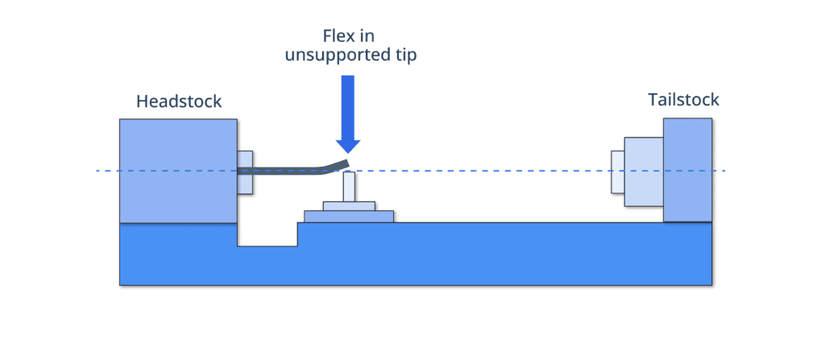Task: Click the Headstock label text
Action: pyautogui.click(x=179, y=101)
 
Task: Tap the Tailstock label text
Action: pyautogui.click(x=683, y=101)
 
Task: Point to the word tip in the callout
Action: pyautogui.click(x=404, y=56)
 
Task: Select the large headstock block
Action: pyautogui.click(x=178, y=169)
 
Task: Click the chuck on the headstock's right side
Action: pyautogui.click(x=247, y=171)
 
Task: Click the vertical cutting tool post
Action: pyautogui.click(x=349, y=187)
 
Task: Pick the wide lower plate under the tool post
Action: pyautogui.click(x=349, y=216)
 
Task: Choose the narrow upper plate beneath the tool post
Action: pyautogui.click(x=349, y=205)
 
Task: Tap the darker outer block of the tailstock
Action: pyautogui.click(x=688, y=169)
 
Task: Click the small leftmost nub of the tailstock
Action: pyautogui.click(x=616, y=171)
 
